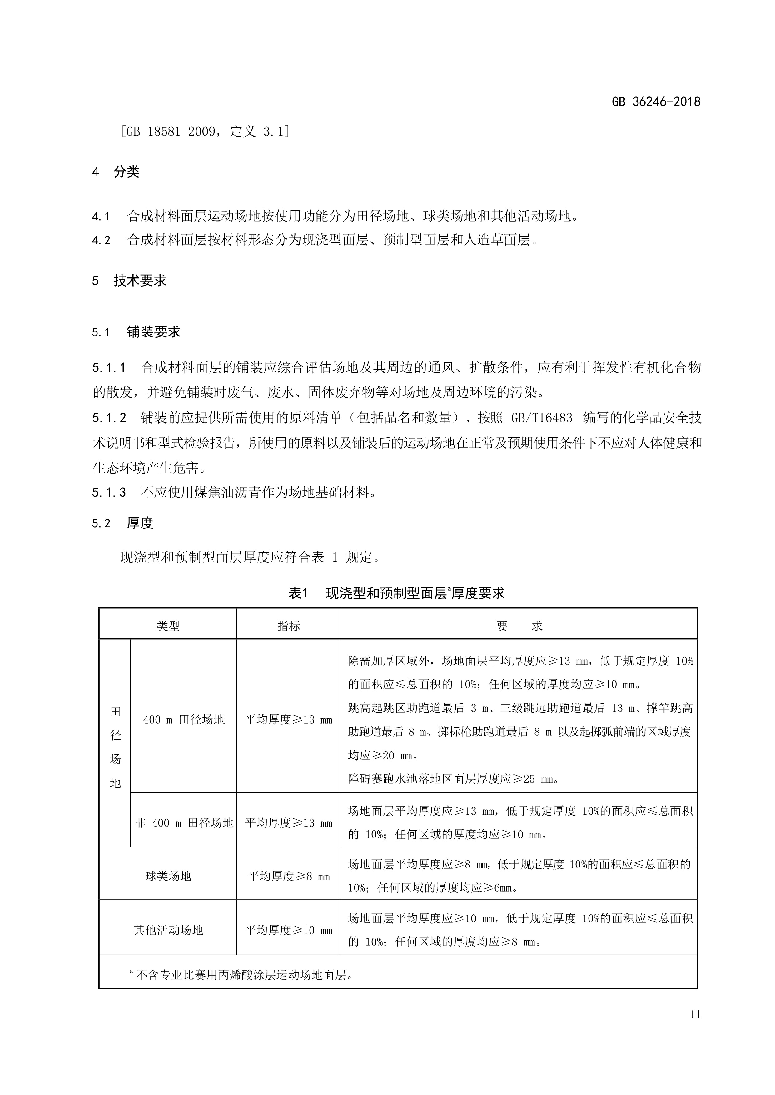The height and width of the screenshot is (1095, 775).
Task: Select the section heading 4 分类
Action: click(116, 172)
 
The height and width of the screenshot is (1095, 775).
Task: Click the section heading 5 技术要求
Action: click(129, 280)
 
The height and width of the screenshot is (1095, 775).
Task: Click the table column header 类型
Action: click(168, 626)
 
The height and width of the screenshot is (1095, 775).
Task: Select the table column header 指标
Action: click(289, 626)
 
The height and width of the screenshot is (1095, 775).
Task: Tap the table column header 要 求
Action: click(519, 626)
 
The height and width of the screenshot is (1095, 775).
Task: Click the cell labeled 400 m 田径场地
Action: click(184, 720)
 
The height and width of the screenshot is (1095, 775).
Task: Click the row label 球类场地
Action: click(168, 876)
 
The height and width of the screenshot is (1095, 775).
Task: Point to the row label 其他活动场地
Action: click(168, 930)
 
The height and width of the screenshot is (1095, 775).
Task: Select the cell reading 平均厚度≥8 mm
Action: click(289, 876)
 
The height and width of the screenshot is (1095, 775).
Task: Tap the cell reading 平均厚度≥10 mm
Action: click(289, 930)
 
